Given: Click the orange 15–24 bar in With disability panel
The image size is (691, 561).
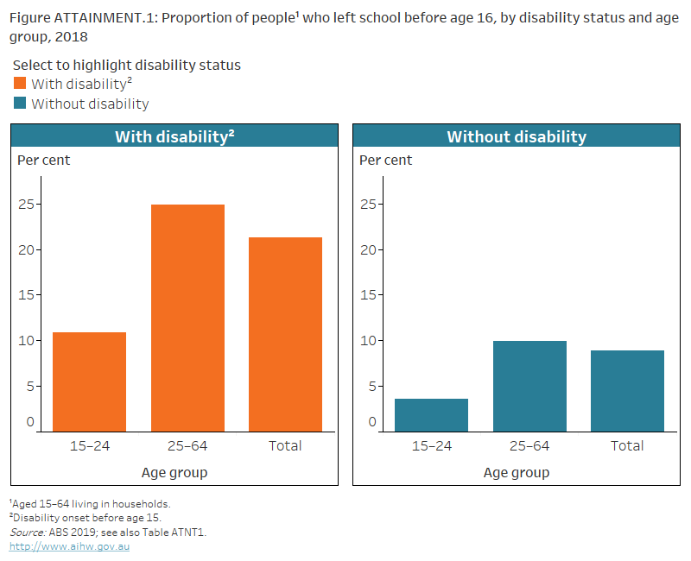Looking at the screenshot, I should pos(89,381).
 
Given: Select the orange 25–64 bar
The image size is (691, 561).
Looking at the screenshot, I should pos(187,318).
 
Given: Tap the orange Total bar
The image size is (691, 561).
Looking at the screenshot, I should pos(285,334).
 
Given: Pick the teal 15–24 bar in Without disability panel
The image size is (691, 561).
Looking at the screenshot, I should pos(431,414).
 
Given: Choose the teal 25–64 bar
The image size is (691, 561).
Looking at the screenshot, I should pos(529,386).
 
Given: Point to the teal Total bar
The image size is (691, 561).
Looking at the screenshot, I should pos(627,390).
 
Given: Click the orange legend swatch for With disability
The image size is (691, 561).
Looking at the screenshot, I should pos(21,84).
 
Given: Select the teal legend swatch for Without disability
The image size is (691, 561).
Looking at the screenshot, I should pos(21,104).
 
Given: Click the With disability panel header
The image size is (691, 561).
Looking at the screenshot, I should pos(174,136).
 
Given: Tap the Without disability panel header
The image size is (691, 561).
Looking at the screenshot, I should pos(517,136).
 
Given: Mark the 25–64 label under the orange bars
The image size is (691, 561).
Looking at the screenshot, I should pos(187,445).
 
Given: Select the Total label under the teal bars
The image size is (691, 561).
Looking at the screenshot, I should pos(627,445).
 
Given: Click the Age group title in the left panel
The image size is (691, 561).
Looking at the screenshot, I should pos(174,472).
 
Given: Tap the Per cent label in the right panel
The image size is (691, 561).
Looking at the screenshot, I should pos(386,160).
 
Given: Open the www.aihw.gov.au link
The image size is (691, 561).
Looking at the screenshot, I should pos(69,546).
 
